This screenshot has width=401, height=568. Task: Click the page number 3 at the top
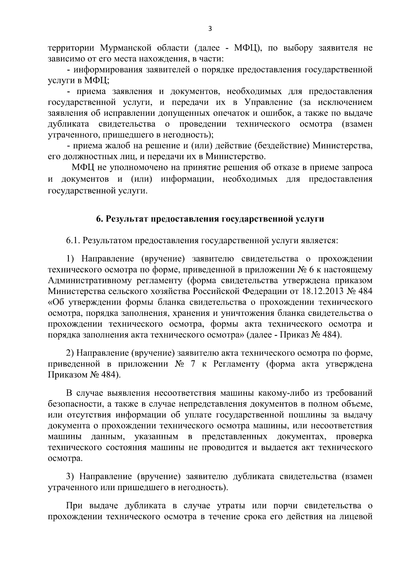tap(210, 29)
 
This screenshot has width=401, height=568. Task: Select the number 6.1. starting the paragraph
tap(73, 241)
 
